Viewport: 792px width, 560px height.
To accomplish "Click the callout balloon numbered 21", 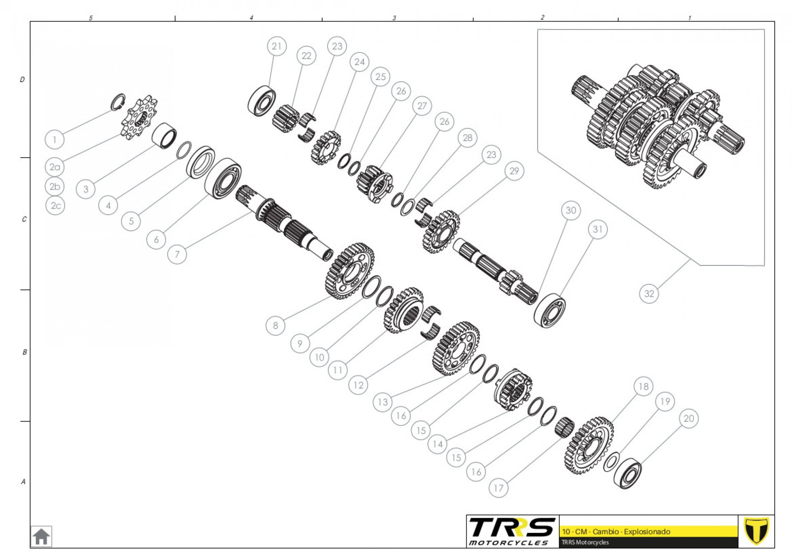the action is coord(277,46).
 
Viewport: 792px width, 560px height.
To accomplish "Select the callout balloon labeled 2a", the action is coord(55,167).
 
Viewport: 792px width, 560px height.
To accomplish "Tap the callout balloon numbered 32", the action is coord(649,293).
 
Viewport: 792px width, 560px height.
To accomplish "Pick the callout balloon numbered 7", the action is coord(177,254).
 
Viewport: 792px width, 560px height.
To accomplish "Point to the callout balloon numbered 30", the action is coord(571,210).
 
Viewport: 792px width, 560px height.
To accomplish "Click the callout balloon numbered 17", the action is coord(498,488).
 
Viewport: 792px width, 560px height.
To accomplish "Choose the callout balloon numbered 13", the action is coord(383,402).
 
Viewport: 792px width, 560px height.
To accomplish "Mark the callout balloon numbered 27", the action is coord(422,106).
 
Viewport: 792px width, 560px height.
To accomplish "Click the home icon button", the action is coord(41,536).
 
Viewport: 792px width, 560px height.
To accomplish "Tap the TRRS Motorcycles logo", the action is coord(512,532).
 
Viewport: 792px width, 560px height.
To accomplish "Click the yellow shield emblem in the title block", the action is coord(756,531).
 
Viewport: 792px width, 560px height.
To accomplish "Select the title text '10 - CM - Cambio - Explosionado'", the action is coord(616,532).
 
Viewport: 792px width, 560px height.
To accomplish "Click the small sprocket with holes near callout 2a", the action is coord(139,118).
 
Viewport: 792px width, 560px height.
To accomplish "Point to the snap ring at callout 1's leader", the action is coord(118,102).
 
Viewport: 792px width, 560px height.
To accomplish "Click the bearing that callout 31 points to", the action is coord(549,311).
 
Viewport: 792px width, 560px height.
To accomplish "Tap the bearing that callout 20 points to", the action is coord(627,473).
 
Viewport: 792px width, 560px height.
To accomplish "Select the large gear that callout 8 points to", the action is coord(350,271).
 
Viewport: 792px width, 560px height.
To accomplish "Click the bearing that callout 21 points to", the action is coord(262,101).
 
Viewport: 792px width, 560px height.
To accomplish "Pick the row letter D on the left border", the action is coord(22,79).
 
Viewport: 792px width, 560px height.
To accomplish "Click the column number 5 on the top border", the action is coord(91,18).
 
